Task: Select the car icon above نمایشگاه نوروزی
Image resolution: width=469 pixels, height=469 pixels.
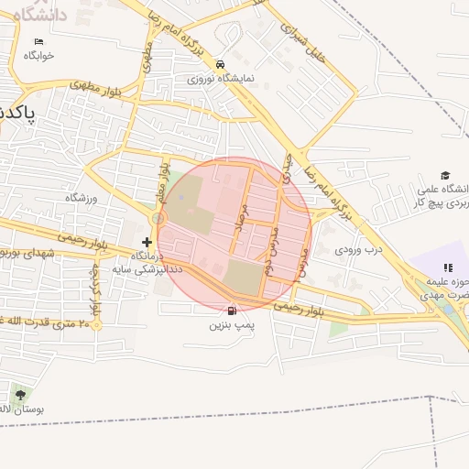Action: click(x=220, y=64)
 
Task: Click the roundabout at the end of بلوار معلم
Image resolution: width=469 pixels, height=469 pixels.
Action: click(x=158, y=219)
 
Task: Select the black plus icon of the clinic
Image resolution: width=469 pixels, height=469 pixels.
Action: click(x=147, y=242)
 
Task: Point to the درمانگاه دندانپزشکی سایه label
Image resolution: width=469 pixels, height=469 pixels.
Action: click(x=149, y=263)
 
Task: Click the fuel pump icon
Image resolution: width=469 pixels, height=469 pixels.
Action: click(x=230, y=311)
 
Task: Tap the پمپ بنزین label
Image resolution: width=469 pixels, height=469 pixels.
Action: click(x=229, y=325)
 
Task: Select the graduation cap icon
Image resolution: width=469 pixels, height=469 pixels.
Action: click(x=445, y=175)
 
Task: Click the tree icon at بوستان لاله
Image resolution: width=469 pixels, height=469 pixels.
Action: click(x=20, y=396)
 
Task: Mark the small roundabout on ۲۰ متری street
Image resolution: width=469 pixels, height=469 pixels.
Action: click(x=95, y=323)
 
